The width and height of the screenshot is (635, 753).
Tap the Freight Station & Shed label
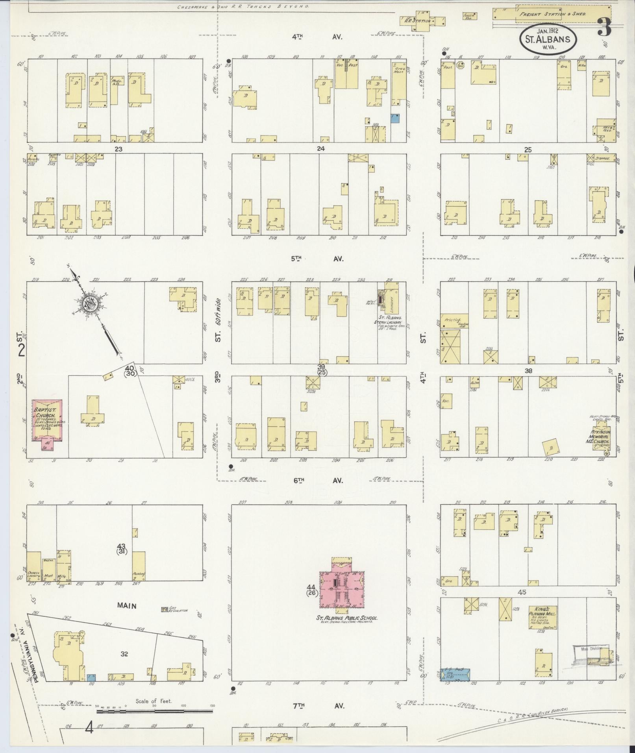[x=552, y=14]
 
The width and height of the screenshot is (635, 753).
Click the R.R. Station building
[x=422, y=20]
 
